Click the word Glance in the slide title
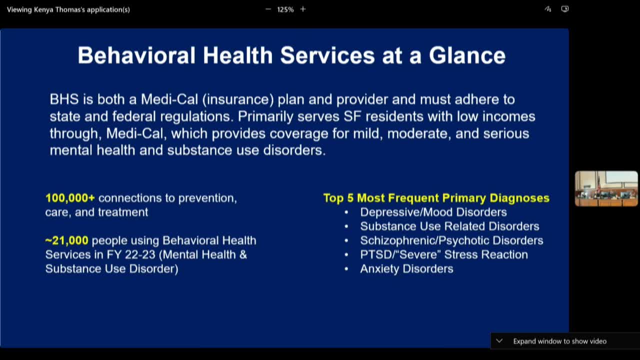[x=467, y=55]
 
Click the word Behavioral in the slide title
[x=136, y=55]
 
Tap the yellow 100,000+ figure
[x=70, y=198]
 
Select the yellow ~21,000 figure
[x=66, y=240]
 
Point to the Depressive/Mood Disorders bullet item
[x=433, y=212]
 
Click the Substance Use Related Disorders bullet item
[x=449, y=226]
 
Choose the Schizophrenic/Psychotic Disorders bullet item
[x=451, y=240]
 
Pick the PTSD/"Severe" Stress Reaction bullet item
[x=443, y=254]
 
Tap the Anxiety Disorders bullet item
[x=406, y=268]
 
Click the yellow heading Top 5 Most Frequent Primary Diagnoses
[x=436, y=198]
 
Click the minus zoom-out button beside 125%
[x=268, y=9]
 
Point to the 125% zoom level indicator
[x=285, y=9]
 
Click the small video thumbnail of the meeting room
[x=606, y=188]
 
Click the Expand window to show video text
[x=559, y=341]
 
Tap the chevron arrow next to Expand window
[x=499, y=341]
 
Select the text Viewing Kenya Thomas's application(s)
[x=68, y=9]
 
